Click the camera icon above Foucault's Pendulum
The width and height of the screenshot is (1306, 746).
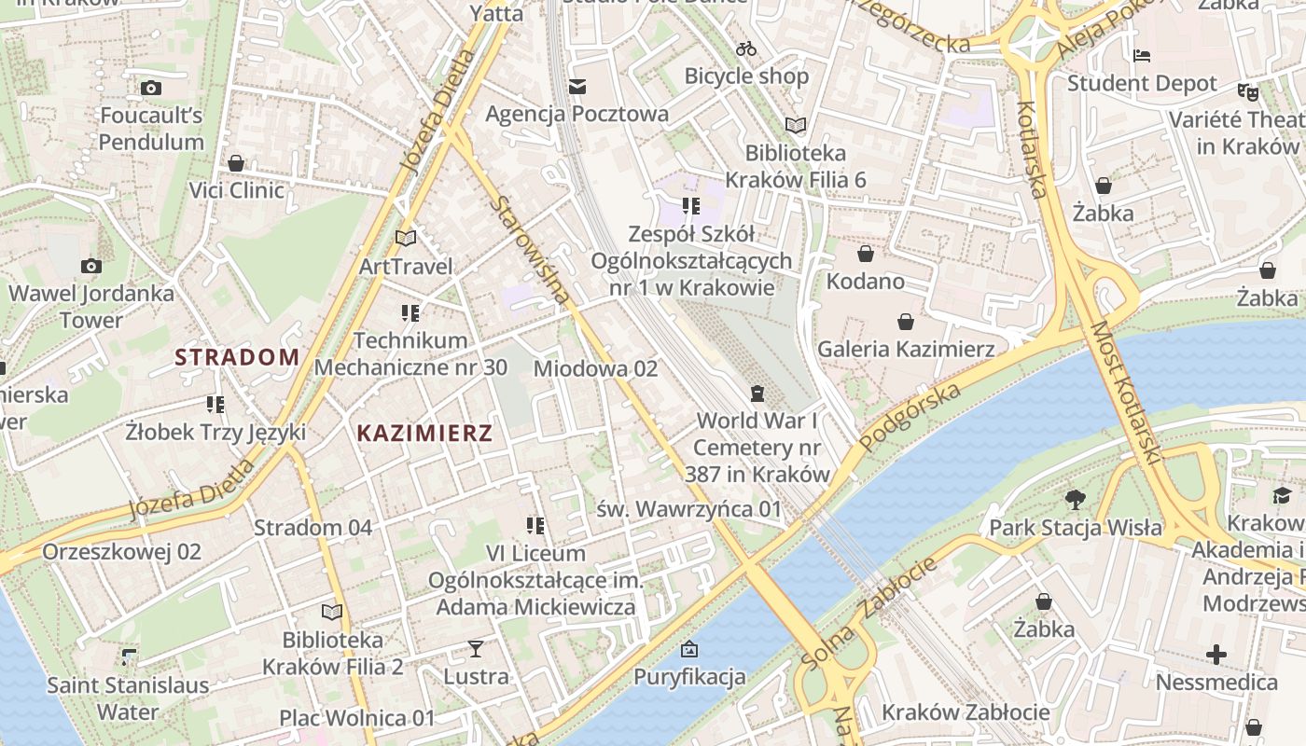(x=151, y=89)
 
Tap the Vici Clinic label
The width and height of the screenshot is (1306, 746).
(x=236, y=190)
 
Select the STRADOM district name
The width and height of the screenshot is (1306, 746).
(x=237, y=356)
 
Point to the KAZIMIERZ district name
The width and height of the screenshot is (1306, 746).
(x=424, y=433)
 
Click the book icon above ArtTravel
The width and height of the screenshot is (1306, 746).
(x=406, y=239)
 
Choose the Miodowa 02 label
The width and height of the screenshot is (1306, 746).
(x=595, y=368)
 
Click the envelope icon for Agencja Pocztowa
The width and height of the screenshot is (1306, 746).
(x=577, y=87)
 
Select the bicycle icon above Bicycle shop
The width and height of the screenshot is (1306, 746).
(x=746, y=48)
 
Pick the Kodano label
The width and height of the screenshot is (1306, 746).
(x=865, y=281)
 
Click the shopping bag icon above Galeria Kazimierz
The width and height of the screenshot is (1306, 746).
(x=905, y=323)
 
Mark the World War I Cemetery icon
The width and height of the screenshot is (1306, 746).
(x=757, y=393)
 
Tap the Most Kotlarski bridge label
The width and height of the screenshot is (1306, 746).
(x=1124, y=394)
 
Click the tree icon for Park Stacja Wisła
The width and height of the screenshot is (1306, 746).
(x=1076, y=500)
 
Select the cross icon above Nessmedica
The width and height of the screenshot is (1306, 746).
(x=1216, y=655)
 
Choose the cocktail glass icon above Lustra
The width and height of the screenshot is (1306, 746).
(x=476, y=648)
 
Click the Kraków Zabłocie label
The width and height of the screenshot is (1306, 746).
(x=966, y=712)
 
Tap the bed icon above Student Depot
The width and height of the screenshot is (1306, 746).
(x=1142, y=56)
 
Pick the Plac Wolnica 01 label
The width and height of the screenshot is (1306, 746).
(x=357, y=718)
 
